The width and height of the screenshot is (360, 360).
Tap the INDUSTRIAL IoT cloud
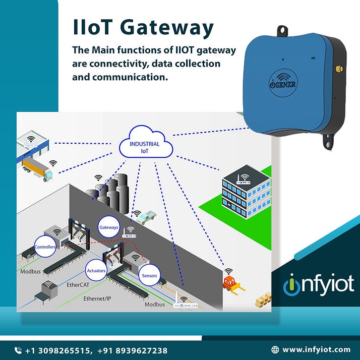coord(145,146)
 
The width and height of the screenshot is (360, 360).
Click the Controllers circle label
coord(45,247)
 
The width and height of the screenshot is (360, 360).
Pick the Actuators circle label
coord(96,271)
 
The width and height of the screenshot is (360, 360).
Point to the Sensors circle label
coord(149,276)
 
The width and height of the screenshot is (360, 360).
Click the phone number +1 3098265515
coord(58,350)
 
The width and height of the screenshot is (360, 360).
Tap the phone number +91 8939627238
coord(136,350)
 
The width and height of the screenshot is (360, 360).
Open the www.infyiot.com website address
coord(316,349)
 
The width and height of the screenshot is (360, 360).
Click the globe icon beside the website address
coord(275,349)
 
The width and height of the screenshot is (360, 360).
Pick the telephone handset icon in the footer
coord(18,350)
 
